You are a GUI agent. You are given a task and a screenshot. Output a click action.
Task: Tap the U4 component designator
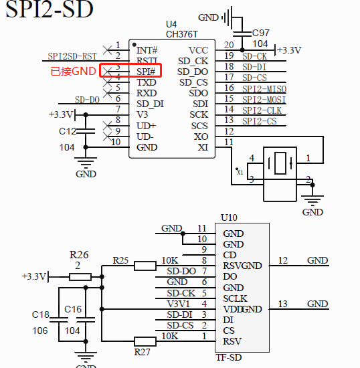pos(172,23)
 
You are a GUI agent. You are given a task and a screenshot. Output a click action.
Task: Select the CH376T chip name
pos(181,33)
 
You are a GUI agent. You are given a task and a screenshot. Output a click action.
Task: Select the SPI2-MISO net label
pos(264,88)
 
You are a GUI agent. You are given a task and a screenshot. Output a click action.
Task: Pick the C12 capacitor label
pos(68,131)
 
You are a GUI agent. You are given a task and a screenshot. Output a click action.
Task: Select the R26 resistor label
pos(79,254)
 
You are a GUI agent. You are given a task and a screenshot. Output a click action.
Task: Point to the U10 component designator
pos(228,218)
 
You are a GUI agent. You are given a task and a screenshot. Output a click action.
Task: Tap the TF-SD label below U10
pos(228,357)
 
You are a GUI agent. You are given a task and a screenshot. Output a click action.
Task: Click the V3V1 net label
pos(177,304)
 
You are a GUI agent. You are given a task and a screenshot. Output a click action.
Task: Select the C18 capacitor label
pos(41,314)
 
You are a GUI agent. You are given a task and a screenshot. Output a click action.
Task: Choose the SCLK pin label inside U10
pos(235,298)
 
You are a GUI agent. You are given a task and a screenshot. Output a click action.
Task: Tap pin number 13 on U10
pos(282,304)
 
